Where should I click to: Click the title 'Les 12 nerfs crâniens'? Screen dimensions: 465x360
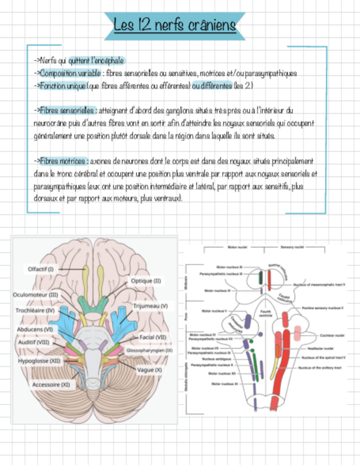[175, 25]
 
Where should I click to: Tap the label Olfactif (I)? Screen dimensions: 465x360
[41, 269]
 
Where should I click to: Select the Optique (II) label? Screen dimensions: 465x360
[145, 281]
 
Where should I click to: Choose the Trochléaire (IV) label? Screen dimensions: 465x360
[36, 310]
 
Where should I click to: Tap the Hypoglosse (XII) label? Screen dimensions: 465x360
[39, 361]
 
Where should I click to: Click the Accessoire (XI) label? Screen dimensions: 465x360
[50, 384]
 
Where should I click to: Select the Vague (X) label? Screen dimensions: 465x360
[149, 370]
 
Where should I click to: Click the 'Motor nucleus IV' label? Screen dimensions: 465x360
[217, 291]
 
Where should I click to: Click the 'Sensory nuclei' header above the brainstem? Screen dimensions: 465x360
[292, 247]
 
